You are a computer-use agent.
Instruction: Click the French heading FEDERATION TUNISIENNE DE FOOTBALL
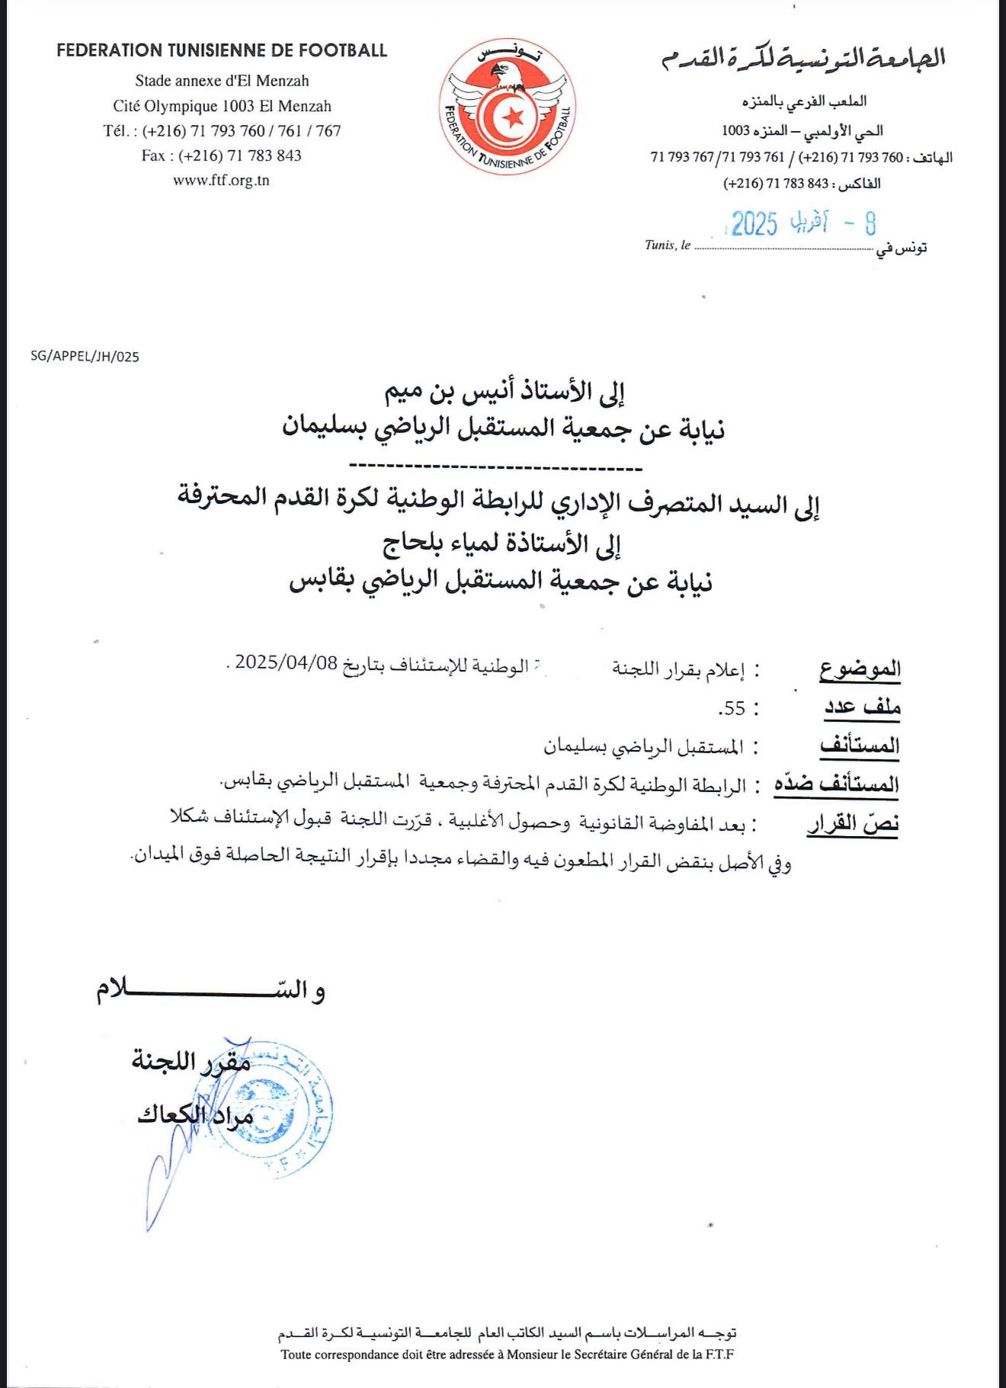(x=222, y=51)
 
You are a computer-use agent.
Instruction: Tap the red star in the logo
(x=514, y=117)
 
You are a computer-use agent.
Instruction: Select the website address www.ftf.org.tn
(x=221, y=181)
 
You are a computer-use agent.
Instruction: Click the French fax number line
(x=221, y=155)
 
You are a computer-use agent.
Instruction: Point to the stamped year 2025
(x=754, y=223)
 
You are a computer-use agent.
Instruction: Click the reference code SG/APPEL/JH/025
(x=85, y=357)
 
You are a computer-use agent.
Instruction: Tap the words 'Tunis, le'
(x=668, y=245)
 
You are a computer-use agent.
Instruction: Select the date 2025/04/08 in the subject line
(x=286, y=662)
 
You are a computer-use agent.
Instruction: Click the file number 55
(x=733, y=708)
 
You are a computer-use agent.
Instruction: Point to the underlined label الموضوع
(x=860, y=669)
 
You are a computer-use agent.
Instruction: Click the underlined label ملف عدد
(x=863, y=707)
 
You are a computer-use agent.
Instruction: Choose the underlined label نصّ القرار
(x=854, y=823)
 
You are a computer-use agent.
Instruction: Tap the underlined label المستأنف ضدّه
(x=837, y=784)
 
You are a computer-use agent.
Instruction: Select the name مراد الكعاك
(x=194, y=1115)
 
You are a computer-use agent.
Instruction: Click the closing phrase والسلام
(x=210, y=991)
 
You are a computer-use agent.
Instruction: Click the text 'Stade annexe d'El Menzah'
(x=222, y=80)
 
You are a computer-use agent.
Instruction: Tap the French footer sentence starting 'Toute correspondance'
(x=507, y=1354)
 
